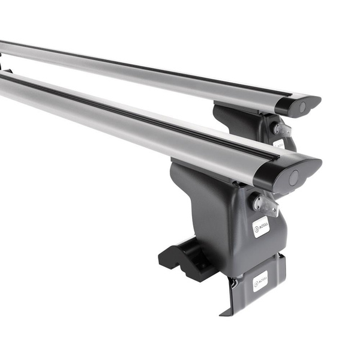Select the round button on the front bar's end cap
[293, 178]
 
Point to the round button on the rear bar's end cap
[302, 107]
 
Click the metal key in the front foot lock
[266, 204]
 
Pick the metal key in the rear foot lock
[282, 130]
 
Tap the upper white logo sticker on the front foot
[260, 227]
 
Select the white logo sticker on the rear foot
[279, 144]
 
